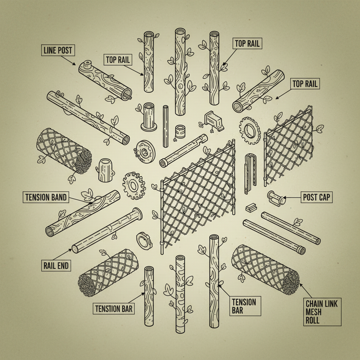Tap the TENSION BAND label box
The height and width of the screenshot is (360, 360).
46,197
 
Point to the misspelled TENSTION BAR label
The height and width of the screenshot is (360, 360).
114,309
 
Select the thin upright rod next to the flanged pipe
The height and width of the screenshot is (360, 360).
165,126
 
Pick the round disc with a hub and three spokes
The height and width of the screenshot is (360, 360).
144,151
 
